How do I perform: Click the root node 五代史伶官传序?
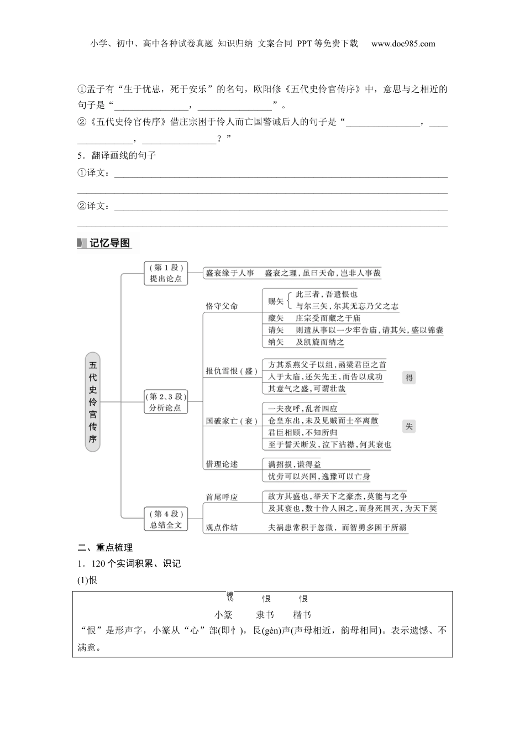[93, 401]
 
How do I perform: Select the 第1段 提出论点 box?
[166, 273]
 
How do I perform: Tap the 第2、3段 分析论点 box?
[166, 402]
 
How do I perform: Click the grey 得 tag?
[409, 378]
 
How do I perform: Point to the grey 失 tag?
[409, 426]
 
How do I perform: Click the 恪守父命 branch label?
[222, 306]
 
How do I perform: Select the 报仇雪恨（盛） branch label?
[232, 371]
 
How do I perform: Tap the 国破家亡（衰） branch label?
[232, 421]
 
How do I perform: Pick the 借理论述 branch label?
[222, 464]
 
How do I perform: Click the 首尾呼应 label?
[222, 497]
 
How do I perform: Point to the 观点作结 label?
[222, 527]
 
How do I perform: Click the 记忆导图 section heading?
[109, 243]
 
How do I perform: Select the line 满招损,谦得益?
[294, 464]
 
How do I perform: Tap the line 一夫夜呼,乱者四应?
[302, 409]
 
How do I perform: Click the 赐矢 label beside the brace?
[276, 301]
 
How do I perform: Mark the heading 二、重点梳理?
[105, 547]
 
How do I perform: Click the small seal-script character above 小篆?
[229, 597]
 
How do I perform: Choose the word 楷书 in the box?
[302, 614]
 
